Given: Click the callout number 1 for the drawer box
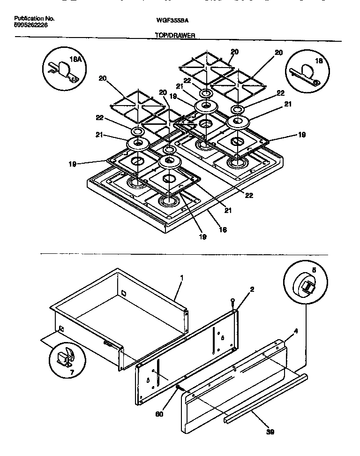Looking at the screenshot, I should [182, 278].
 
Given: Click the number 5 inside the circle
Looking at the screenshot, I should [314, 270].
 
